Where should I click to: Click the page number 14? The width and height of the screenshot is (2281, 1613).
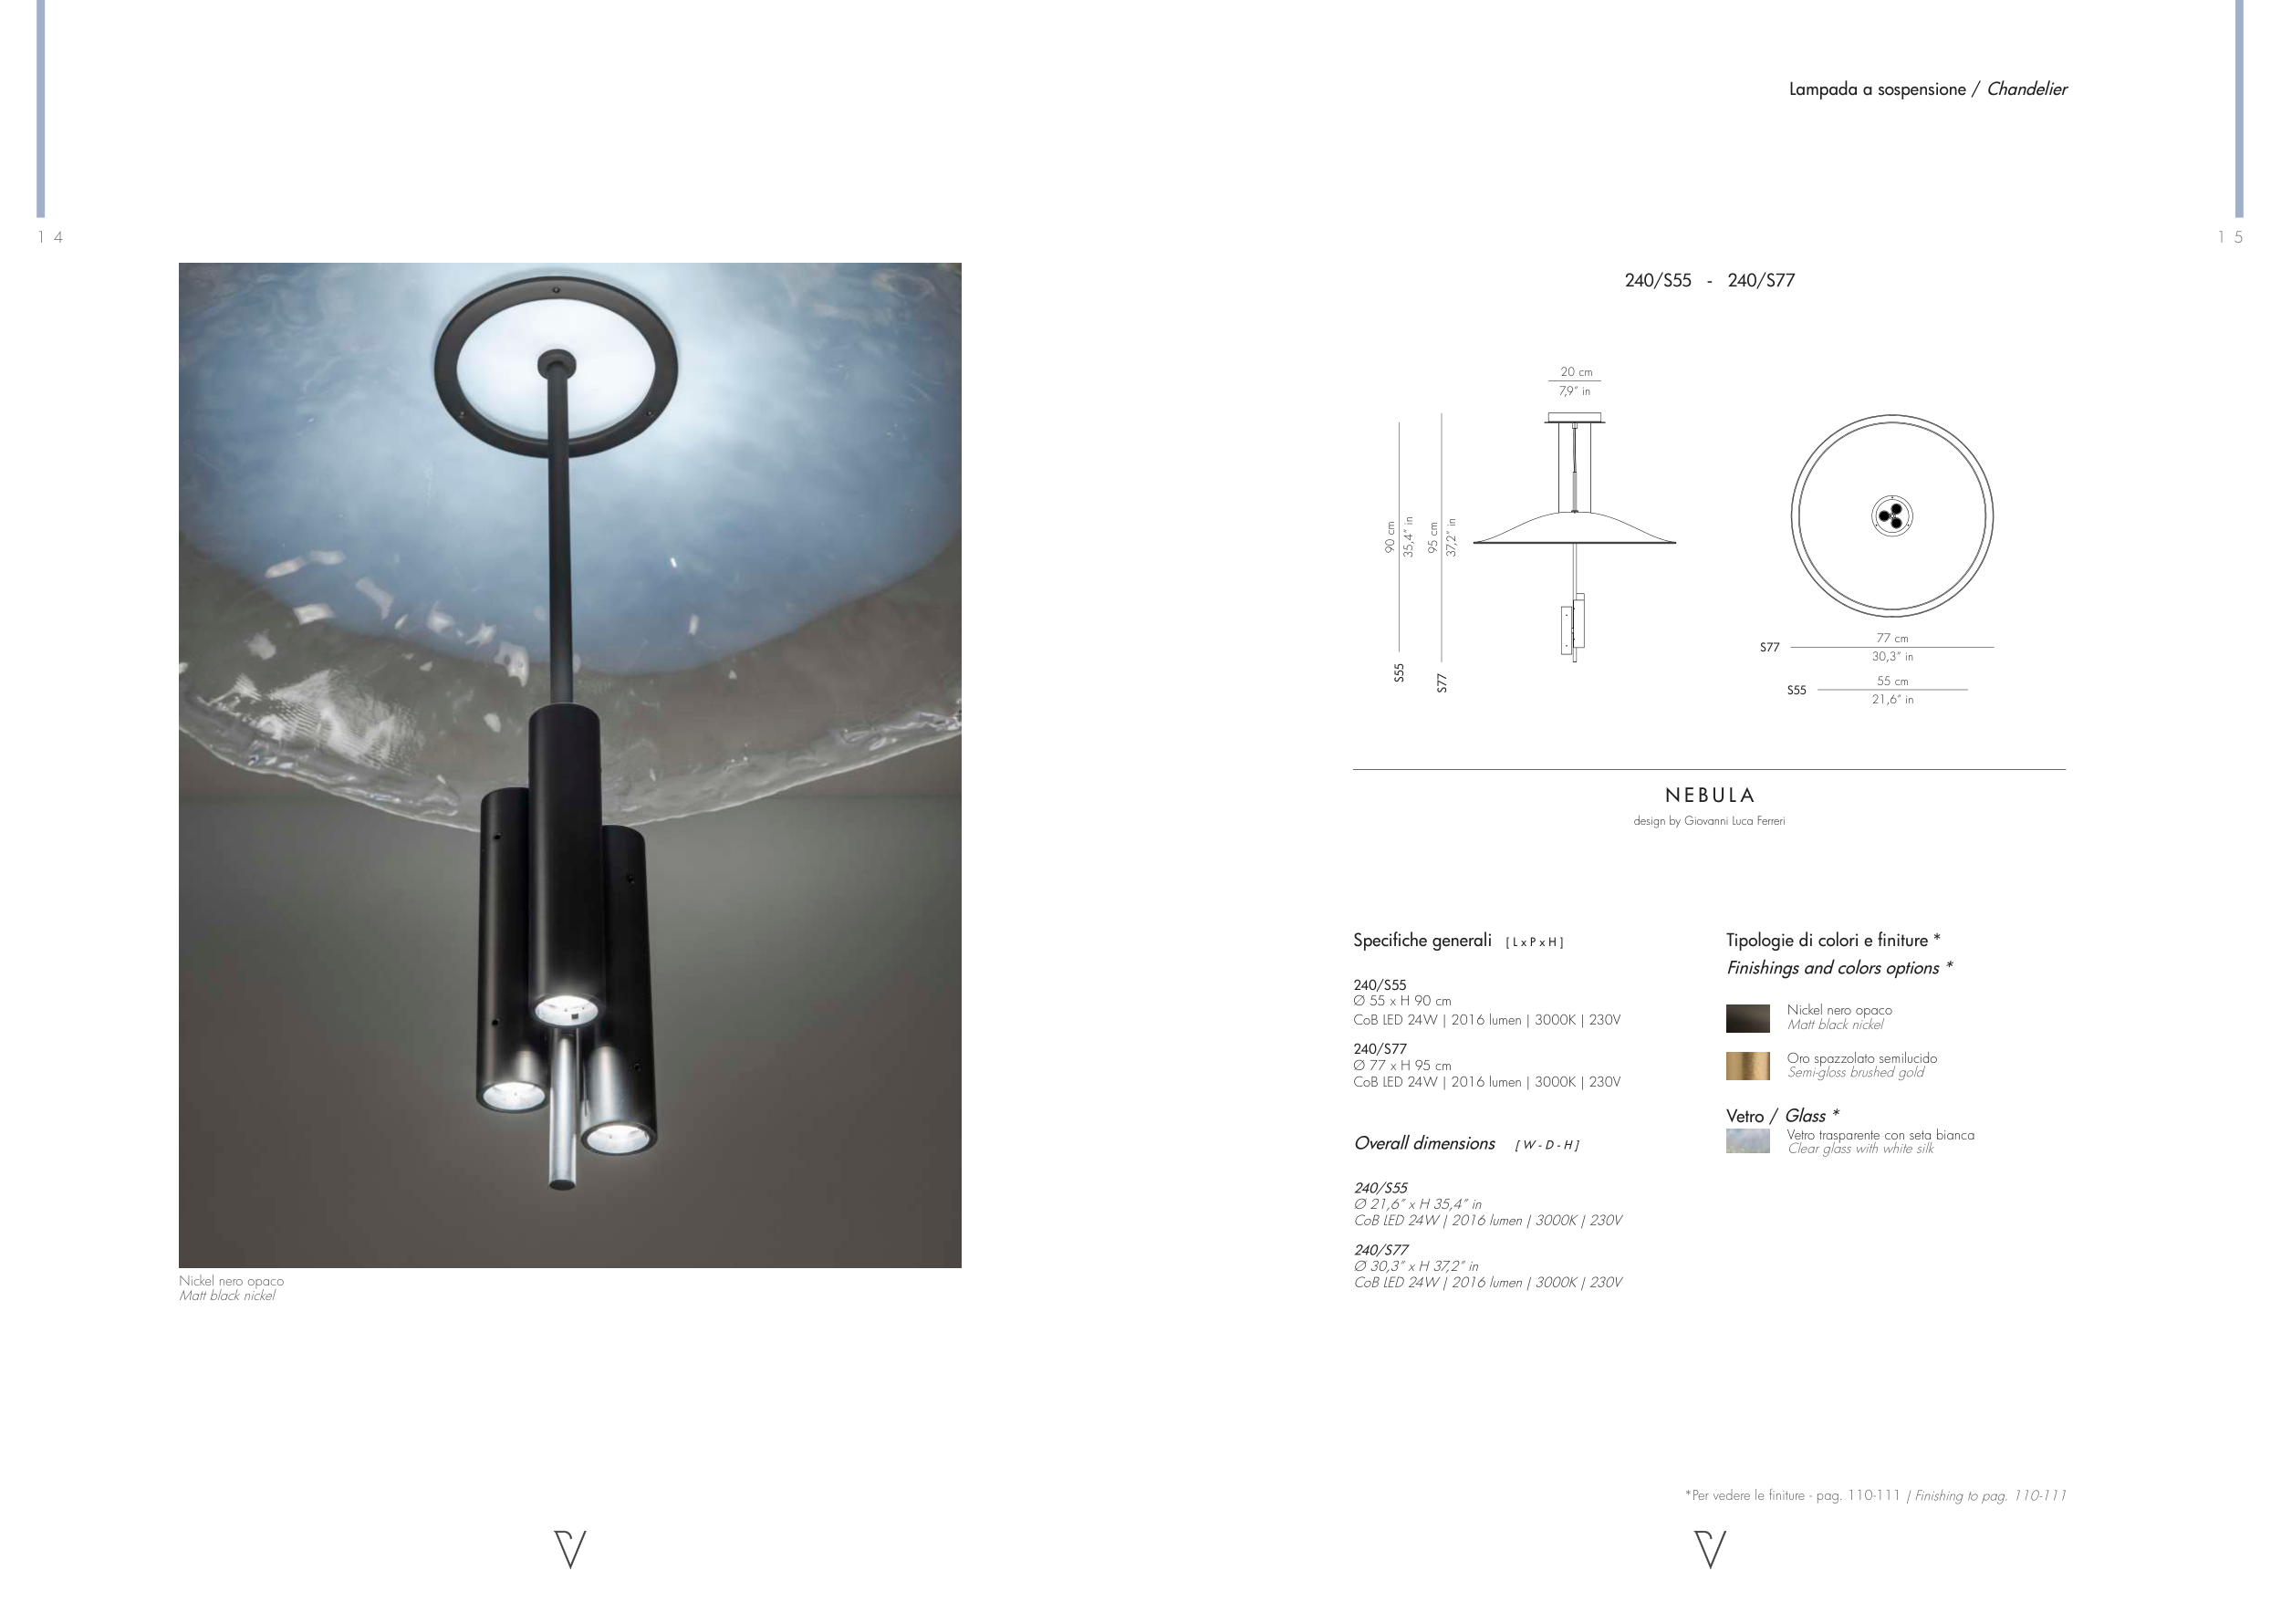[x=51, y=236]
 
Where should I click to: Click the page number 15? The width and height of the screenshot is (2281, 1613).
[x=2230, y=236]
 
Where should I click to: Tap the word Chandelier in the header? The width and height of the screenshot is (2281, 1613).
[x=2026, y=89]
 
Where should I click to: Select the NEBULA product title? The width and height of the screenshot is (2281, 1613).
[x=1710, y=796]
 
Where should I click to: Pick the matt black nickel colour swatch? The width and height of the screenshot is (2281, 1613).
[x=1747, y=1018]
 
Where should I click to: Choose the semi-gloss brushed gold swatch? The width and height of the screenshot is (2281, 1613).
[x=1747, y=1066]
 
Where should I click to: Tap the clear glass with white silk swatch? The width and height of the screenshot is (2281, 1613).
[x=1747, y=1141]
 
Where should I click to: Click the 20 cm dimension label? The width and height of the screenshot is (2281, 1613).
[x=1576, y=372]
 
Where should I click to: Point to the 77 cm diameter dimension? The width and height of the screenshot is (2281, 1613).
[x=1892, y=639]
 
